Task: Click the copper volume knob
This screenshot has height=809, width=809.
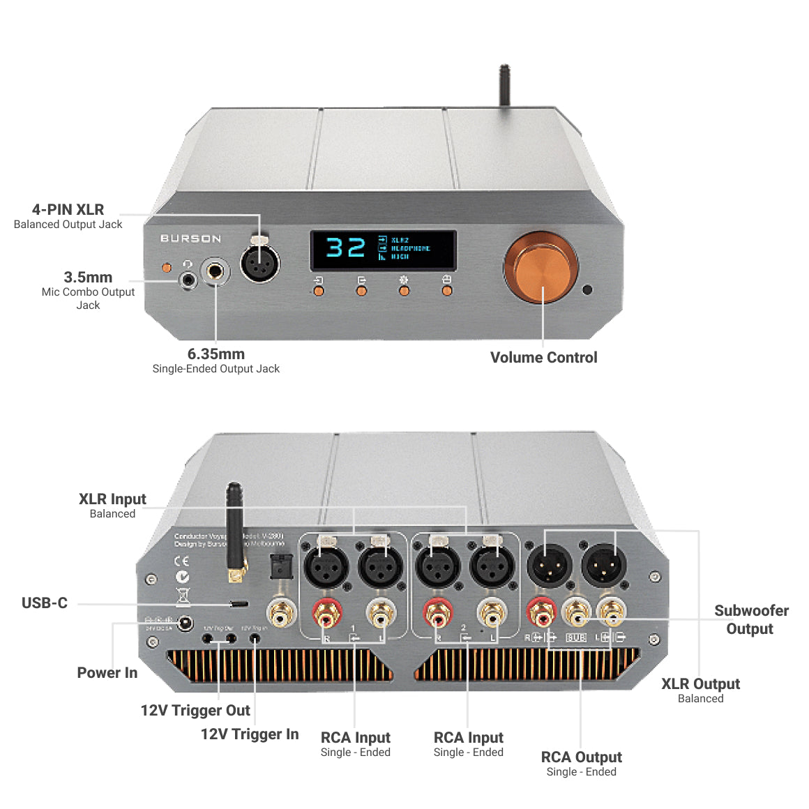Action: click(x=541, y=269)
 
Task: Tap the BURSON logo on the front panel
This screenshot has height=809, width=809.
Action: click(x=190, y=239)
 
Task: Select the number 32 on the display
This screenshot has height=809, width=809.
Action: click(x=345, y=248)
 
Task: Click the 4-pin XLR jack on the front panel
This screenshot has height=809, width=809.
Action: click(x=259, y=264)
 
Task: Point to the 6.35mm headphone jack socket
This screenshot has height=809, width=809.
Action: click(x=216, y=271)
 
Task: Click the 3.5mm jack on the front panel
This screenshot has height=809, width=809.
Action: click(x=188, y=280)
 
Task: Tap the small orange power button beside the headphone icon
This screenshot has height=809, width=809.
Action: click(x=166, y=267)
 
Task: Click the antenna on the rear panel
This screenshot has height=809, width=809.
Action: click(x=234, y=530)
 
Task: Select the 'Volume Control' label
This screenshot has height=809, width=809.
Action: click(x=543, y=358)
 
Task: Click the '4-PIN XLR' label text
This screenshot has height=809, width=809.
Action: click(x=68, y=210)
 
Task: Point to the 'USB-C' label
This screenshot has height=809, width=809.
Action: click(x=45, y=603)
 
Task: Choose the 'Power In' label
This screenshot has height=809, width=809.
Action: click(x=107, y=673)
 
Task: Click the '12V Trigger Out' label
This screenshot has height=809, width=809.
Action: click(x=195, y=711)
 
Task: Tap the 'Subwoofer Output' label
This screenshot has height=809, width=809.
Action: click(x=750, y=619)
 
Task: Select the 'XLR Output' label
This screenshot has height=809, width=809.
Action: click(x=700, y=684)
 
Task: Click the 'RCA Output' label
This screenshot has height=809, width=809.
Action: click(x=581, y=757)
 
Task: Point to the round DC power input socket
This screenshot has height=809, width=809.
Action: click(x=185, y=623)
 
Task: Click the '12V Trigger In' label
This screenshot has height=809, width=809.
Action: click(x=250, y=734)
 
